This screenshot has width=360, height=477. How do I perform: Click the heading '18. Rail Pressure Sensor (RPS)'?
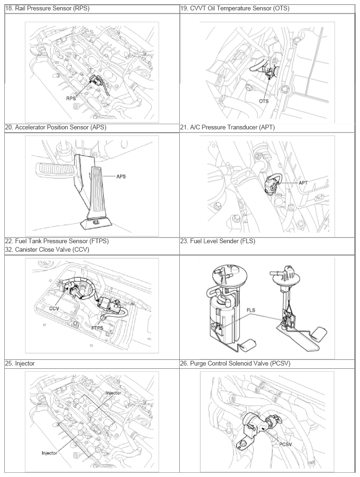pyautogui.click(x=47, y=9)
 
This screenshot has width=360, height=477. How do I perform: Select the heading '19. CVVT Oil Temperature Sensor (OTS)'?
pyautogui.click(x=235, y=9)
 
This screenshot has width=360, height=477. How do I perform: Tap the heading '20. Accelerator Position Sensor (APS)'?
pyautogui.click(x=56, y=128)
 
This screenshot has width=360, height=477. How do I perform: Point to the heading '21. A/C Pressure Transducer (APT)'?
pyautogui.click(x=227, y=128)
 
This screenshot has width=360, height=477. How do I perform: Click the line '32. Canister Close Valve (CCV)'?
pyautogui.click(x=47, y=250)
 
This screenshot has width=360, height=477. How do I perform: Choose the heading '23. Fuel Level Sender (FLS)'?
pyautogui.click(x=218, y=241)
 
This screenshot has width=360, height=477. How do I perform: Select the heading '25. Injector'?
pyautogui.click(x=20, y=364)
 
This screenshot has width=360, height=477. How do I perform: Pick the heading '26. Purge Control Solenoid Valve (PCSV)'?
pyautogui.click(x=235, y=364)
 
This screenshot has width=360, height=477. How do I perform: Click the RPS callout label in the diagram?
pyautogui.click(x=71, y=98)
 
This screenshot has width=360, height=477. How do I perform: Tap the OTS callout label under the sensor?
pyautogui.click(x=264, y=101)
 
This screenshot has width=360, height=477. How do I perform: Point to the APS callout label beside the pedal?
pyautogui.click(x=121, y=177)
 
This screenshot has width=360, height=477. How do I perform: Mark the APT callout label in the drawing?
pyautogui.click(x=303, y=183)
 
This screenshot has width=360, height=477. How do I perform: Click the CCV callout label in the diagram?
pyautogui.click(x=54, y=308)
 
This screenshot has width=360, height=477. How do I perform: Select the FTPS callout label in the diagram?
pyautogui.click(x=97, y=328)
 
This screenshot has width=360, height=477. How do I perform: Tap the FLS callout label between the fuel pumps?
pyautogui.click(x=251, y=310)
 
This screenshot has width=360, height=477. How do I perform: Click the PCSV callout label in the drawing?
pyautogui.click(x=285, y=444)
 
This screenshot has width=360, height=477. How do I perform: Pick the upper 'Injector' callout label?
pyautogui.click(x=113, y=393)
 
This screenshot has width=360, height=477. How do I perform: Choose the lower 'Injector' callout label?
pyautogui.click(x=50, y=453)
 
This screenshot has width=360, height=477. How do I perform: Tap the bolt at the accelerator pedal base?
pyautogui.click(x=96, y=223)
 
